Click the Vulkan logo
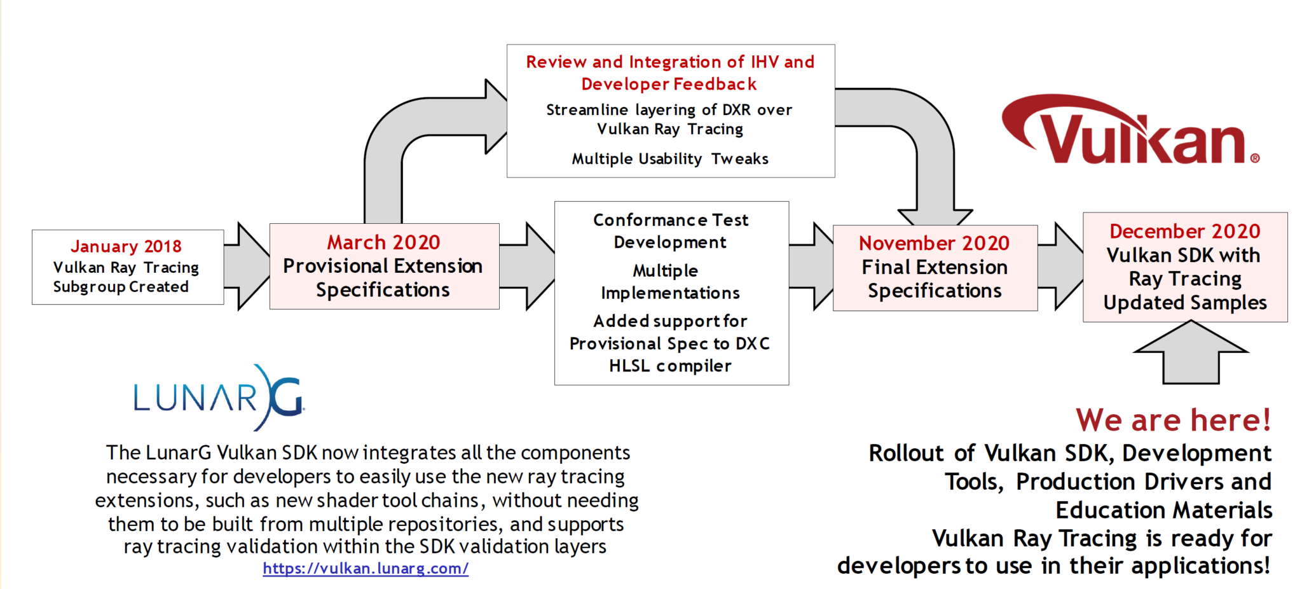1130,130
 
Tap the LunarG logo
219,398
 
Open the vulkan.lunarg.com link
366,568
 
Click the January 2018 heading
126,246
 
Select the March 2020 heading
383,242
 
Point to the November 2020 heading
934,243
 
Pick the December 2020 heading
1185,231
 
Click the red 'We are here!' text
1173,420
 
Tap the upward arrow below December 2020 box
1191,352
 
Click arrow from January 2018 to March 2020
247,267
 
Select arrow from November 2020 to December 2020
1060,267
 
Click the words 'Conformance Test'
671,220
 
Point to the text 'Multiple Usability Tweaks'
670,158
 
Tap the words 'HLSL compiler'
670,366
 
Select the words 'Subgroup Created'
121,287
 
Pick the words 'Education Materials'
1163,510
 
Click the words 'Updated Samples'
1185,303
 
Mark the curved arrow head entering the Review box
496,116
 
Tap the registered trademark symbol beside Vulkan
1255,158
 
